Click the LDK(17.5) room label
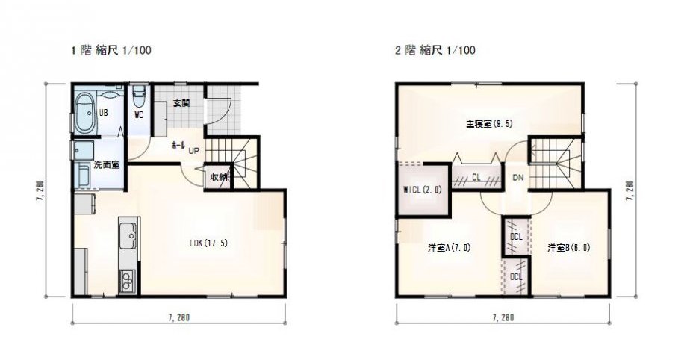[208, 243]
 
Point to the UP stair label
[193, 151]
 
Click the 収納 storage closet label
[218, 177]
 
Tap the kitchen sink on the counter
[128, 236]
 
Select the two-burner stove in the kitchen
[127, 280]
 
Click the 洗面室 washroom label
[107, 165]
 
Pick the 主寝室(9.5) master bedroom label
[489, 124]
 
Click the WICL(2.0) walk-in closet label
[423, 190]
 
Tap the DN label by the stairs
[518, 178]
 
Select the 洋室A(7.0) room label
[449, 248]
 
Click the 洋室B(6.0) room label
[569, 248]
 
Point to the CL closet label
[476, 177]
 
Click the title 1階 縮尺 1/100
[111, 51]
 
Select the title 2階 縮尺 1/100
[435, 50]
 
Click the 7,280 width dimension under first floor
[178, 317]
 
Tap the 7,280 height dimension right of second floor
[630, 190]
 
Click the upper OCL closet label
[517, 237]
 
